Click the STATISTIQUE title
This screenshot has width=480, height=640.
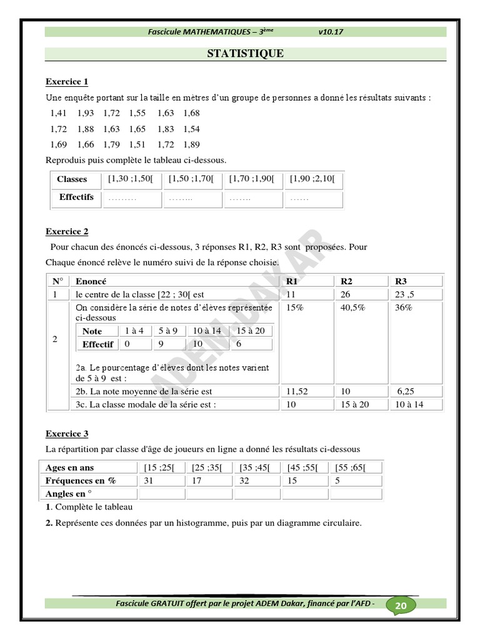(245, 54)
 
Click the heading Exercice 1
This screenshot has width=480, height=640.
(67, 82)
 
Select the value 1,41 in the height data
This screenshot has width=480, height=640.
(58, 113)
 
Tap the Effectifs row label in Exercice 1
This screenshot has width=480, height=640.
(76, 197)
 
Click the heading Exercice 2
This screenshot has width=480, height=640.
(67, 232)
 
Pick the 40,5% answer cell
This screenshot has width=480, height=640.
(353, 307)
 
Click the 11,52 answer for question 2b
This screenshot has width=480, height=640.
(298, 392)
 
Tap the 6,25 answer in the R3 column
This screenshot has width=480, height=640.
(407, 392)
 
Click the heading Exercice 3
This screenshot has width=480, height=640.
(67, 434)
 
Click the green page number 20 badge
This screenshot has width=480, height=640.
(401, 606)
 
